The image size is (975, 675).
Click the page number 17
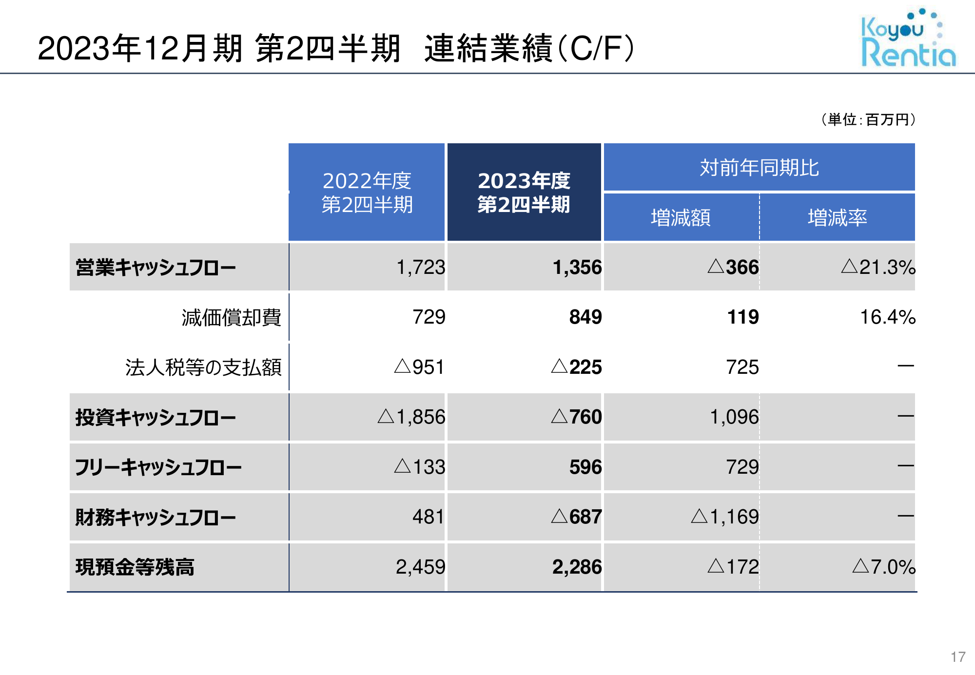pyautogui.click(x=958, y=657)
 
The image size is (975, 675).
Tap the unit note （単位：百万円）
pyautogui.click(x=868, y=119)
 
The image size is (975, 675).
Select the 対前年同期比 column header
pyautogui.click(x=759, y=167)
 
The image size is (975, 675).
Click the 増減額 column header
pyautogui.click(x=681, y=217)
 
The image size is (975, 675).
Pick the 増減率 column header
pyautogui.click(x=838, y=217)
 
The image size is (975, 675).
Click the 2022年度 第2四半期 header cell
pyautogui.click(x=367, y=192)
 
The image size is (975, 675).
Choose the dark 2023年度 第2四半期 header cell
pyautogui.click(x=524, y=192)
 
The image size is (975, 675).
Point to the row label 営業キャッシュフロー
pyautogui.click(x=156, y=268)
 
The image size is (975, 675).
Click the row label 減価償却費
pyautogui.click(x=231, y=317)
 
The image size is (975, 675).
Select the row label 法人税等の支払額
pyautogui.click(x=203, y=367)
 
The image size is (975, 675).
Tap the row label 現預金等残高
pyautogui.click(x=135, y=567)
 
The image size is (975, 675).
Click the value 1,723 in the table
pyautogui.click(x=421, y=268)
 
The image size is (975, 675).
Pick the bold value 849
pyautogui.click(x=585, y=317)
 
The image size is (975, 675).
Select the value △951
pyautogui.click(x=419, y=367)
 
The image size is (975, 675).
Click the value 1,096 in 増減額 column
pyautogui.click(x=734, y=417)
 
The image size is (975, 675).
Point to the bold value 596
pyautogui.click(x=585, y=467)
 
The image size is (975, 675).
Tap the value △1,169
pyautogui.click(x=725, y=517)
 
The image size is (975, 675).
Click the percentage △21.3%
pyautogui.click(x=878, y=267)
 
